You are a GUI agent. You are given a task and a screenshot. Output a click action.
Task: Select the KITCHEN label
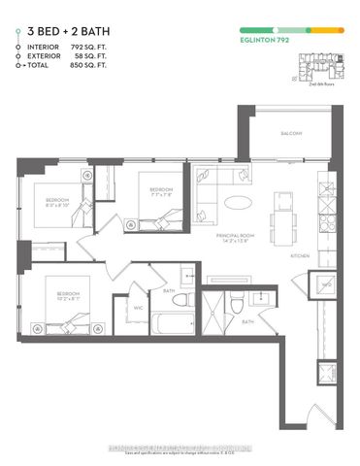(x=300, y=255)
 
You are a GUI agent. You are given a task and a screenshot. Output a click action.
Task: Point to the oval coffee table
(x=237, y=202)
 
